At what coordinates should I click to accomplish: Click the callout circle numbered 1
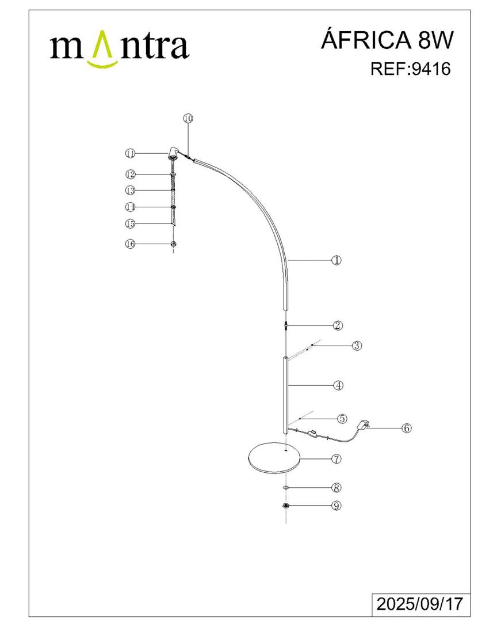pyautogui.click(x=336, y=260)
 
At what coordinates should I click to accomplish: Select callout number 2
pyautogui.click(x=338, y=325)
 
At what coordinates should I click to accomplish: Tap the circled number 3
pyautogui.click(x=357, y=346)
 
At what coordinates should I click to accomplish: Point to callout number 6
pyautogui.click(x=406, y=428)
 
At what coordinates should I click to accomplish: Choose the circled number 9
pyautogui.click(x=336, y=506)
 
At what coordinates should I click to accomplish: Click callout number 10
pyautogui.click(x=188, y=118)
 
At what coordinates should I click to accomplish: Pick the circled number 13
pyautogui.click(x=131, y=191)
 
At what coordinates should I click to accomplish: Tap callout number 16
pyautogui.click(x=131, y=244)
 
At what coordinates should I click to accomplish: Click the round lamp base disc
pyautogui.click(x=274, y=458)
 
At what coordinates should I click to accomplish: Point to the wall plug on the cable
pyautogui.click(x=363, y=425)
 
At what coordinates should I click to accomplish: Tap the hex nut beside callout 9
pyautogui.click(x=285, y=506)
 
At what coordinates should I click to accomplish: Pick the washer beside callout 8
pyautogui.click(x=286, y=488)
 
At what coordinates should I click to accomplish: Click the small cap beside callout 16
pyautogui.click(x=173, y=244)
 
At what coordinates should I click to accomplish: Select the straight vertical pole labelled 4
pyautogui.click(x=285, y=395)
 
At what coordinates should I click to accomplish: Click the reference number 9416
pyautogui.click(x=431, y=69)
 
